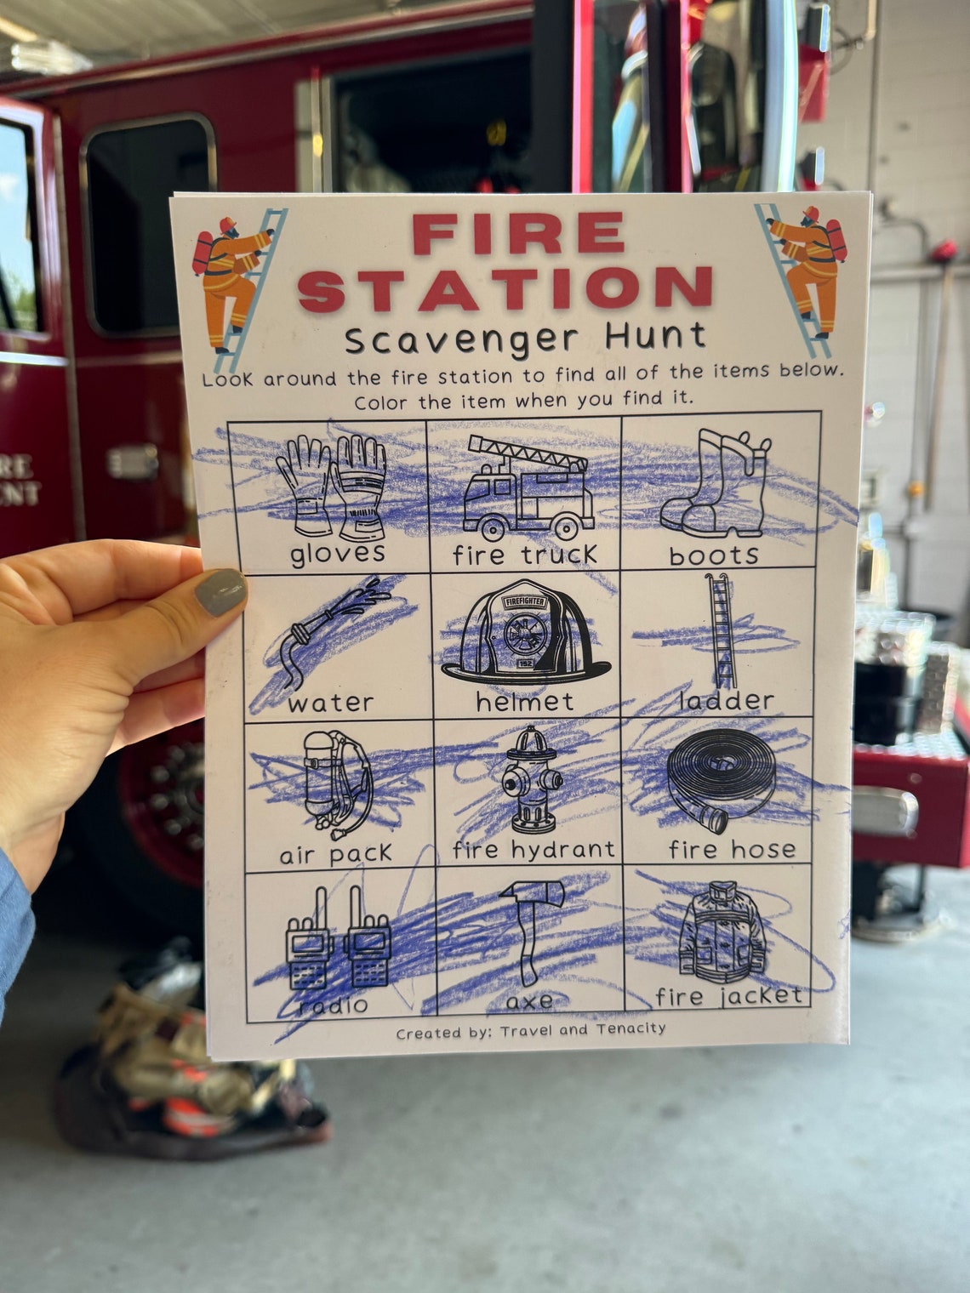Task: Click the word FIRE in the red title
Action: click(518, 235)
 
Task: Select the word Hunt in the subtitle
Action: click(655, 336)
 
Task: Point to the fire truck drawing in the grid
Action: click(528, 487)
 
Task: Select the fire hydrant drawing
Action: click(533, 779)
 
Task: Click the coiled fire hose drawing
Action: click(720, 781)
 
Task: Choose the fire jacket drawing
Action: click(722, 931)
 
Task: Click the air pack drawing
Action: click(337, 783)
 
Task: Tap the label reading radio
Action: click(333, 1005)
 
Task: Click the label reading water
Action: click(330, 703)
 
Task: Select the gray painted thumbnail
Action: click(220, 592)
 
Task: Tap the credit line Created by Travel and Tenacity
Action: click(530, 1030)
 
